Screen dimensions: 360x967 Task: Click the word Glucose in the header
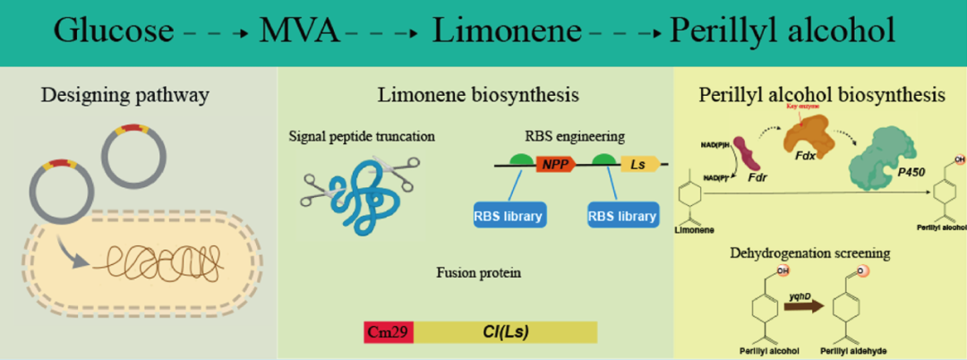[113, 31]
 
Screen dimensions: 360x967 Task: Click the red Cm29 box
[389, 332]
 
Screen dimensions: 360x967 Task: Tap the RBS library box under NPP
[509, 215]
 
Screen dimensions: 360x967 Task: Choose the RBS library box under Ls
[622, 215]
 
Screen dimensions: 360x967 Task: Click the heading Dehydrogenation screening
[820, 253]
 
